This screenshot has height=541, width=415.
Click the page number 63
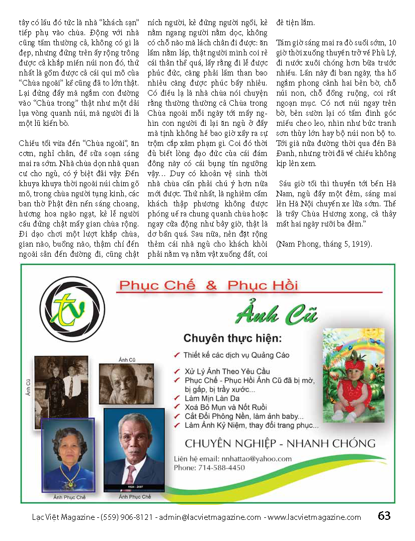pos(384,516)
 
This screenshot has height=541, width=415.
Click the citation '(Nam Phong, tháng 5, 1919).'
pos(316,244)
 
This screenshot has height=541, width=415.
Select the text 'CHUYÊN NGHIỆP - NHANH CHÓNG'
pos(280,443)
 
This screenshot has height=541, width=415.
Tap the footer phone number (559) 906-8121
pos(128,517)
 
